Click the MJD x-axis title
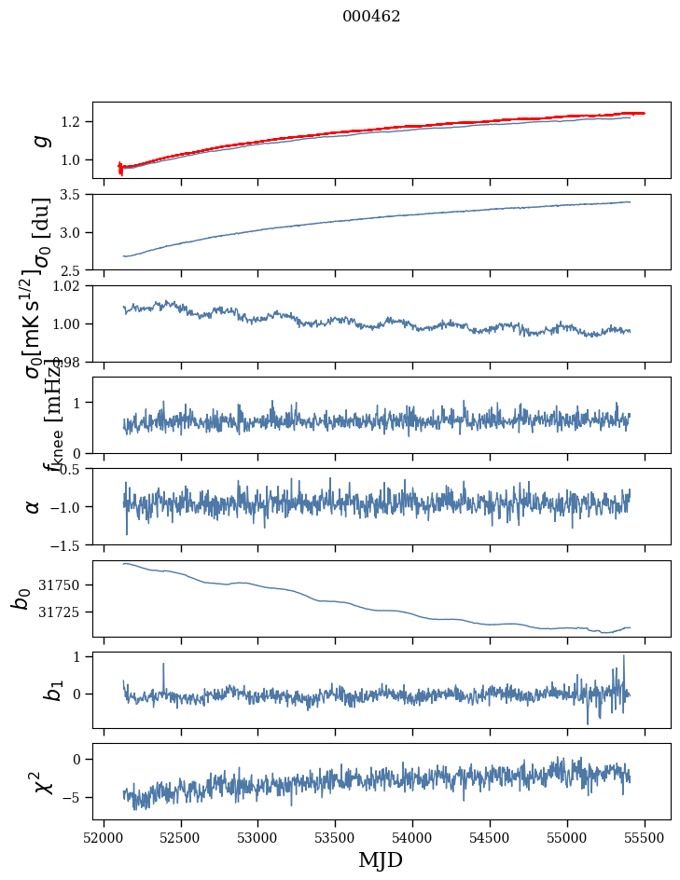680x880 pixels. (381, 860)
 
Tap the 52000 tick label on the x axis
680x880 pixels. (104, 838)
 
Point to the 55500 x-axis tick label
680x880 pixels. (645, 838)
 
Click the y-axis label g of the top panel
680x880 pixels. (40, 140)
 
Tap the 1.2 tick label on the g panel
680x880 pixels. (72, 122)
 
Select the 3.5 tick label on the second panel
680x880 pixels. (72, 195)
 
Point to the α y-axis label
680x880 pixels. (34, 506)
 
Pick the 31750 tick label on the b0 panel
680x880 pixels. (62, 585)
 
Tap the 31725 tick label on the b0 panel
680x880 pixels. (62, 612)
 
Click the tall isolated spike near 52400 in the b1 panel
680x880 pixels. (163, 665)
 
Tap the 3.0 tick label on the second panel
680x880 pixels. (72, 233)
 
